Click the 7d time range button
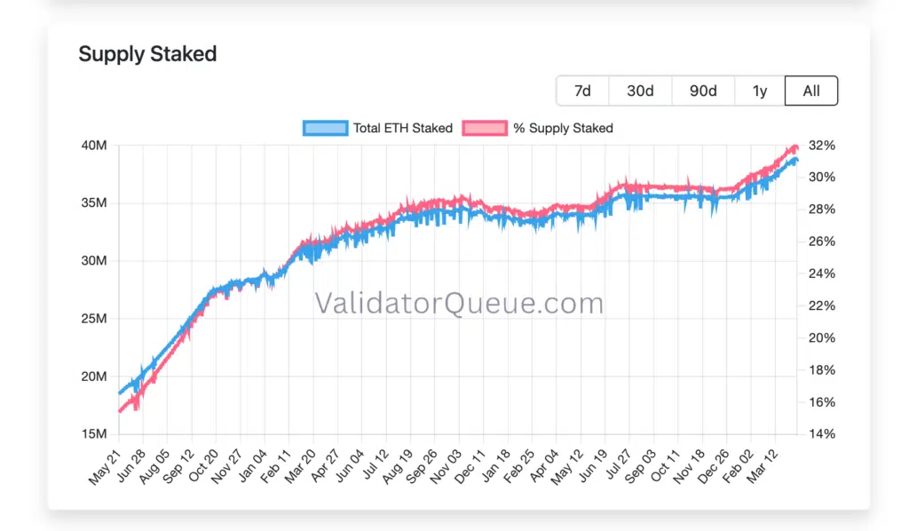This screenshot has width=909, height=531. click(x=582, y=91)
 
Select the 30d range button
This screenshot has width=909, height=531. click(x=640, y=91)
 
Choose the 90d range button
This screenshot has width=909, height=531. click(x=703, y=91)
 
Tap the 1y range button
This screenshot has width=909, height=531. click(x=759, y=91)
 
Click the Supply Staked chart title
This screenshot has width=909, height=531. click(x=147, y=53)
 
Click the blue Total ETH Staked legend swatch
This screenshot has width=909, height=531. click(x=325, y=128)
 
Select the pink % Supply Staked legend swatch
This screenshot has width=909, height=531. click(x=486, y=128)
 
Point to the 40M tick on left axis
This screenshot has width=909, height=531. click(x=93, y=145)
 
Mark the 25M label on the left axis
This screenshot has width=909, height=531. click(x=93, y=319)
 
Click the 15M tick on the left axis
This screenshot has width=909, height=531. click(x=93, y=434)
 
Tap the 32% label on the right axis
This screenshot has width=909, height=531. click(x=821, y=145)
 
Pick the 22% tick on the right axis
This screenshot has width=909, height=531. click(x=821, y=305)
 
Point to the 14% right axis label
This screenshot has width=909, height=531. click(x=821, y=434)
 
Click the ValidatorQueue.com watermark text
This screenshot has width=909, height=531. click(x=459, y=304)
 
